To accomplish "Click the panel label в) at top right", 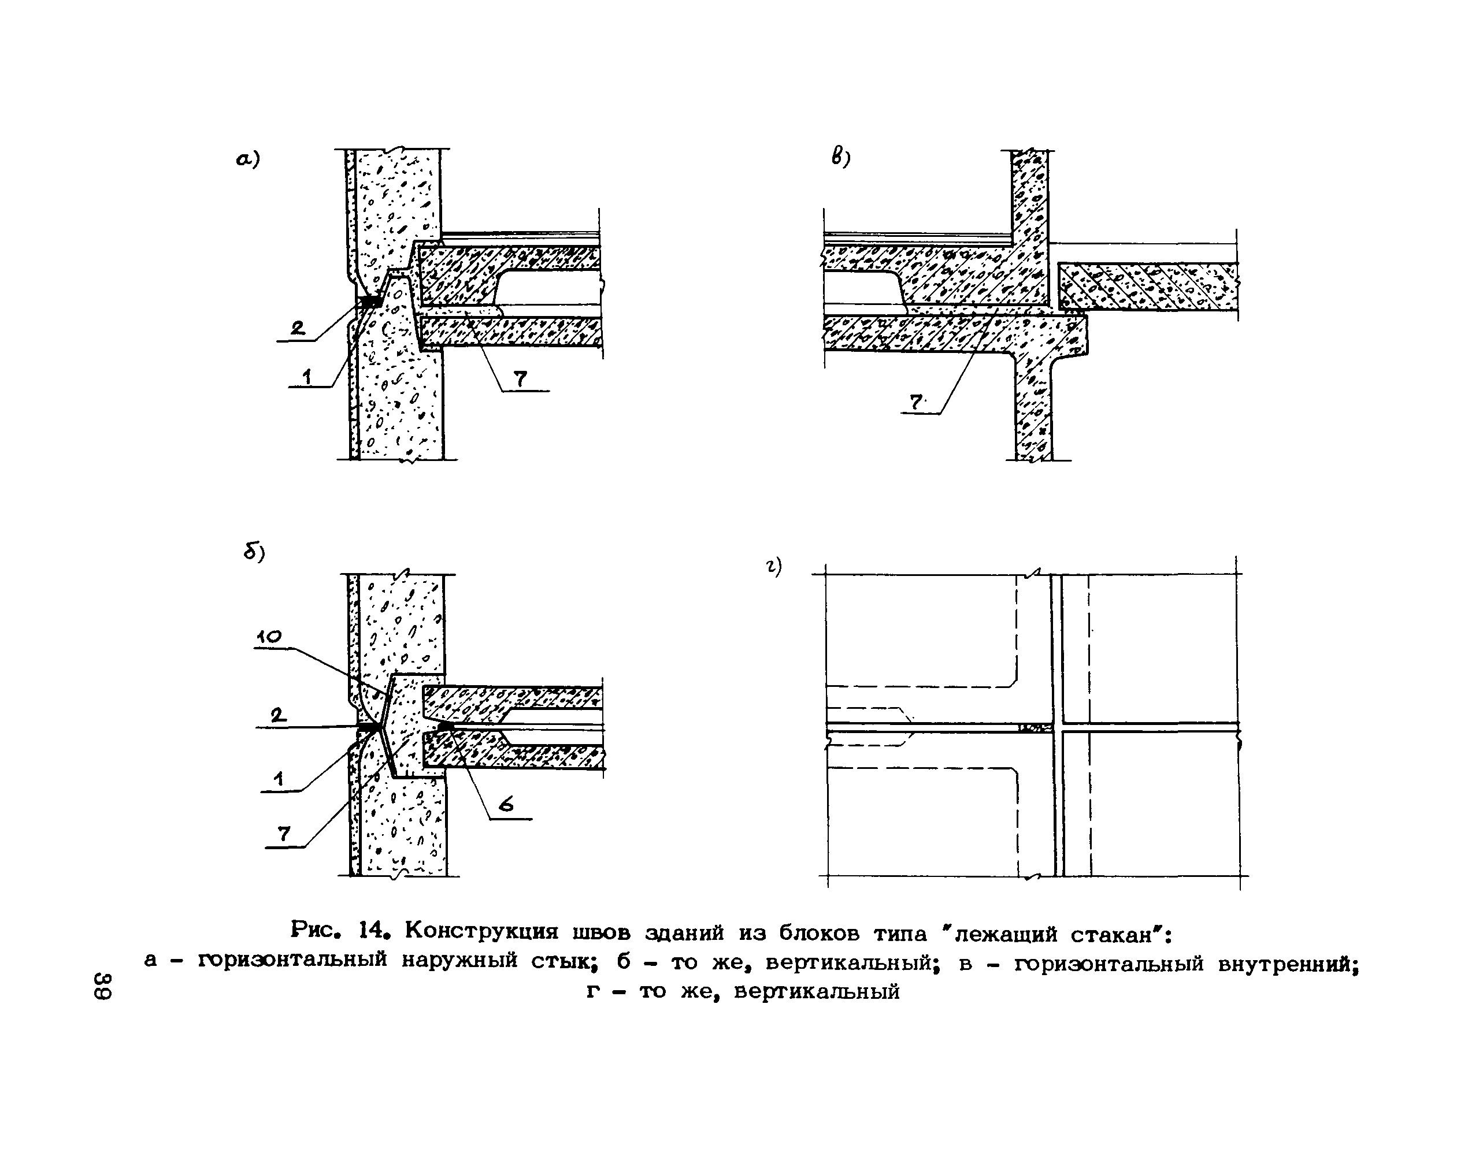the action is point(840,158).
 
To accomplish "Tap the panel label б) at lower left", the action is point(254,553).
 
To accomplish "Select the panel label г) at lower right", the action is point(774,566).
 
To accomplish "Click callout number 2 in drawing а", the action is point(298,329).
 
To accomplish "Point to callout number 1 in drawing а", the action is point(307,376).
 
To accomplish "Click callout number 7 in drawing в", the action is point(917,402).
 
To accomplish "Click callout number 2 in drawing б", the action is point(277,715).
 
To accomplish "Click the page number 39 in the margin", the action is point(103,986).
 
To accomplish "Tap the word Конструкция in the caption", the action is point(483,931).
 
